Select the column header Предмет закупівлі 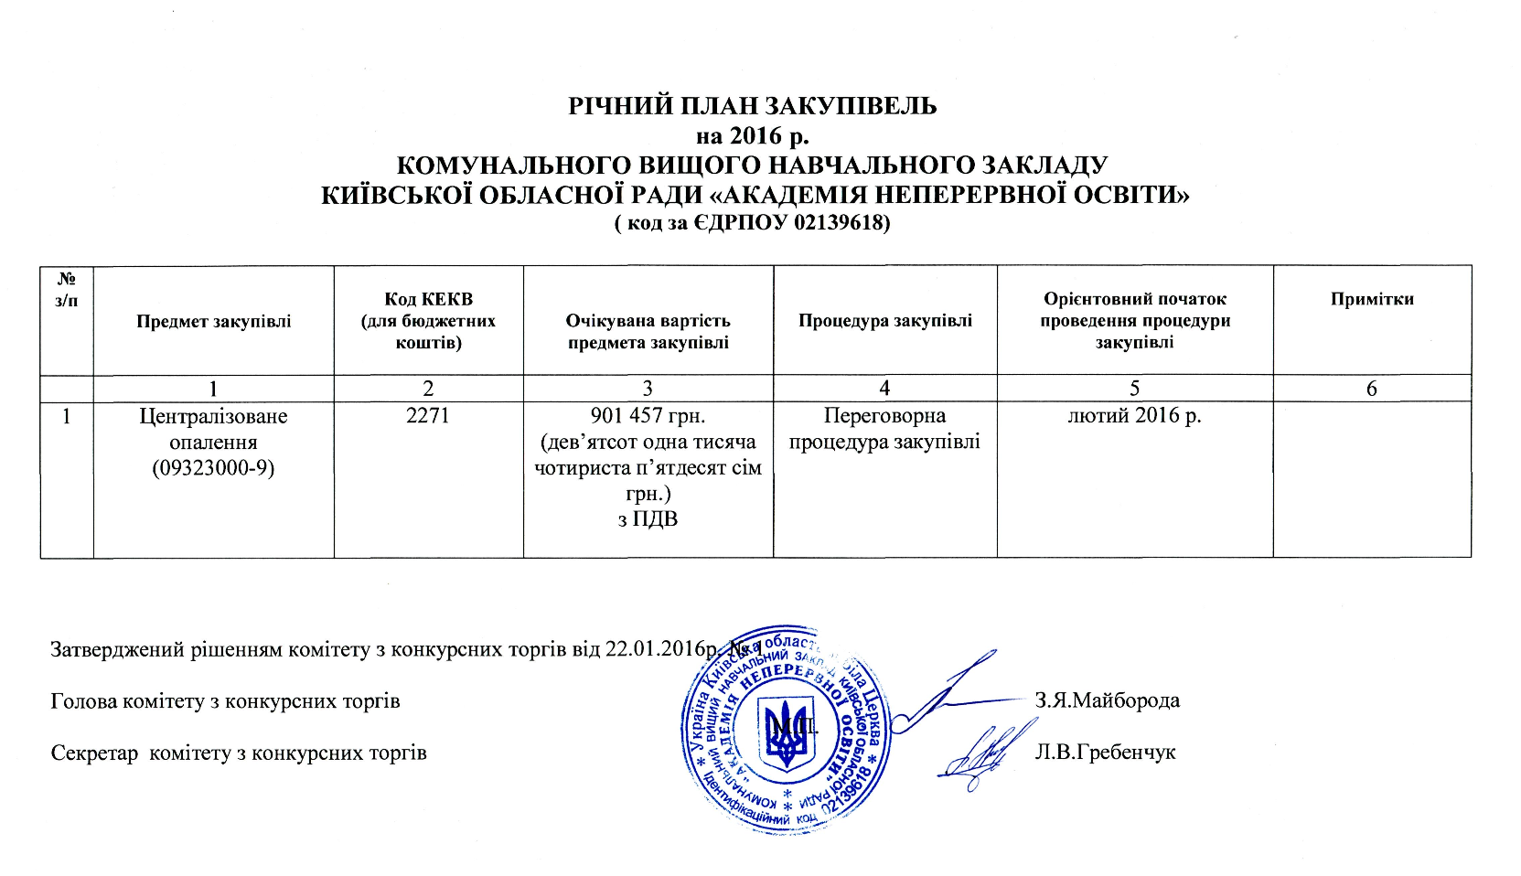click(214, 321)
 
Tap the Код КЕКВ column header click(428, 321)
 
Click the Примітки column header click(1372, 299)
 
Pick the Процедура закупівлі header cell click(884, 321)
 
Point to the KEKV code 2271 click(428, 416)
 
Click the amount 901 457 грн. click(648, 416)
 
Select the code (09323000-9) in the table click(214, 469)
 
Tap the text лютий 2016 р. click(1134, 416)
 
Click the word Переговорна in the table click(884, 416)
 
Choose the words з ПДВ click(648, 520)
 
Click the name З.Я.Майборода click(1107, 701)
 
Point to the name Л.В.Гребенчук click(1104, 753)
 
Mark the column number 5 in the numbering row click(1134, 389)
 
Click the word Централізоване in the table click(213, 416)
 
